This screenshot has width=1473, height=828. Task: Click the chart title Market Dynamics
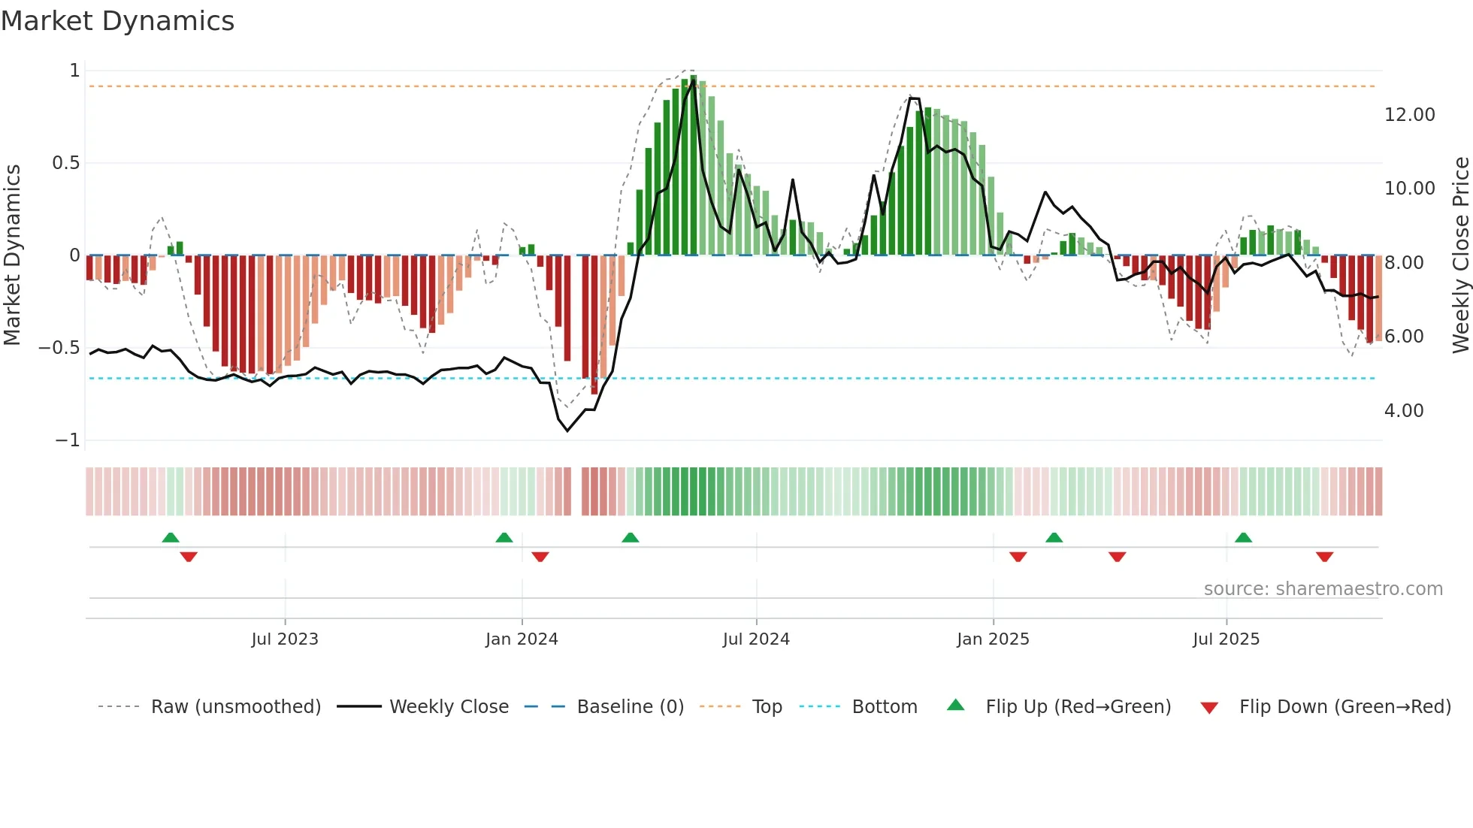click(117, 21)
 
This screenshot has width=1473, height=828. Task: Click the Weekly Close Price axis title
click(1460, 255)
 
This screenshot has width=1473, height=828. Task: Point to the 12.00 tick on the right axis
click(1409, 115)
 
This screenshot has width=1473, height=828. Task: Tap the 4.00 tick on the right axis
click(1403, 411)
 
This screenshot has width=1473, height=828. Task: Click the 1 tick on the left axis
click(74, 71)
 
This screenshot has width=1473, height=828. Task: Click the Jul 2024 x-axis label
click(756, 639)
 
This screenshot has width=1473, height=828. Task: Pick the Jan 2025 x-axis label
click(993, 639)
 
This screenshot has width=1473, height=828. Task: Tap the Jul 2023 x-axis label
click(285, 639)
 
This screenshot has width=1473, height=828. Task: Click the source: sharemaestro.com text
click(1323, 589)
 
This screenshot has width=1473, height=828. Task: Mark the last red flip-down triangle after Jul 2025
click(1324, 557)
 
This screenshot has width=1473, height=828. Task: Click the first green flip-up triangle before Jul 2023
click(171, 537)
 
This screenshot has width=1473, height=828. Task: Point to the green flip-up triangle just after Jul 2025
click(1243, 537)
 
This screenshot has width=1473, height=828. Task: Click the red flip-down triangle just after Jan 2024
click(540, 557)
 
